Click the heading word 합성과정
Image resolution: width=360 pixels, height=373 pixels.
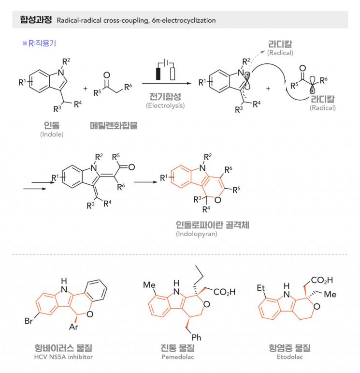tap(36, 20)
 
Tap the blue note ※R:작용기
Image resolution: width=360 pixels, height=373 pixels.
tap(39, 43)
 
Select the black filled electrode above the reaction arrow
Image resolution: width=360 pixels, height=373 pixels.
tap(158, 74)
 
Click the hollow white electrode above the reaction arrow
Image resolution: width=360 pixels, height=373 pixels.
tap(173, 74)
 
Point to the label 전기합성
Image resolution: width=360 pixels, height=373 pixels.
tap(165, 97)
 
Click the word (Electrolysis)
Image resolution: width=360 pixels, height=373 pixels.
tap(165, 105)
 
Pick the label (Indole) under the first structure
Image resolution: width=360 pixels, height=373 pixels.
tap(52, 134)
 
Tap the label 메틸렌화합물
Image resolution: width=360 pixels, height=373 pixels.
tap(114, 125)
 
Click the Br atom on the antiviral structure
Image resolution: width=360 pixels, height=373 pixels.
tap(29, 321)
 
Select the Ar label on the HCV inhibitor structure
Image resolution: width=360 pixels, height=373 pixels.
tap(73, 327)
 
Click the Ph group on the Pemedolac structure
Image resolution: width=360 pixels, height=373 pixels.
tap(196, 337)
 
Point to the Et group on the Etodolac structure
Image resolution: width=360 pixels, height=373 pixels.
tap(260, 288)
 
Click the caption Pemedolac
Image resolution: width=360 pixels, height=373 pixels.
tap(178, 357)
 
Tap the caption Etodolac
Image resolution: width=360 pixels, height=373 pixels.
tap(290, 357)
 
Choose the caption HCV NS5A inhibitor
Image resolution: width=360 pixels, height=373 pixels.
tap(63, 357)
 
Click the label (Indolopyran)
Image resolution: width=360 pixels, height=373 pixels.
tap(197, 234)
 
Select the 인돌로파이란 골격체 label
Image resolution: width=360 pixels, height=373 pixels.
tap(213, 225)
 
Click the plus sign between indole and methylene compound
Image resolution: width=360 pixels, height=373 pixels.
tap(86, 89)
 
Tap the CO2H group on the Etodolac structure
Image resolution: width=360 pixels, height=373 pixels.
tap(322, 280)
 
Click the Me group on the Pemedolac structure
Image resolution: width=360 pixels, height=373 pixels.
tap(149, 285)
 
